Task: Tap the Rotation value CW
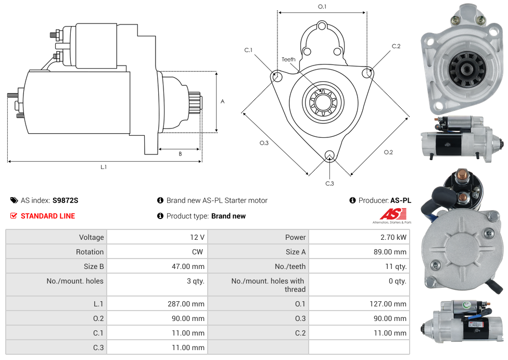pyautogui.click(x=198, y=252)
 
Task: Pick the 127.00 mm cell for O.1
pyautogui.click(x=388, y=304)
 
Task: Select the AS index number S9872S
pyautogui.click(x=65, y=200)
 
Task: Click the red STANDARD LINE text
pyautogui.click(x=48, y=216)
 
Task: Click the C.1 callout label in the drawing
pyautogui.click(x=248, y=50)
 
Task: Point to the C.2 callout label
pyautogui.click(x=396, y=46)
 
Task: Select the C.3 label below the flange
pyautogui.click(x=329, y=183)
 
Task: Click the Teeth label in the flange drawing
pyautogui.click(x=288, y=59)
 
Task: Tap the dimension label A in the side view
pyautogui.click(x=223, y=101)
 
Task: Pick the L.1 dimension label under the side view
pyautogui.click(x=104, y=167)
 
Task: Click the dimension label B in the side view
pyautogui.click(x=180, y=154)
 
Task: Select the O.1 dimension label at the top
pyautogui.click(x=322, y=6)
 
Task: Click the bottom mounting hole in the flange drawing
pyautogui.click(x=329, y=156)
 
